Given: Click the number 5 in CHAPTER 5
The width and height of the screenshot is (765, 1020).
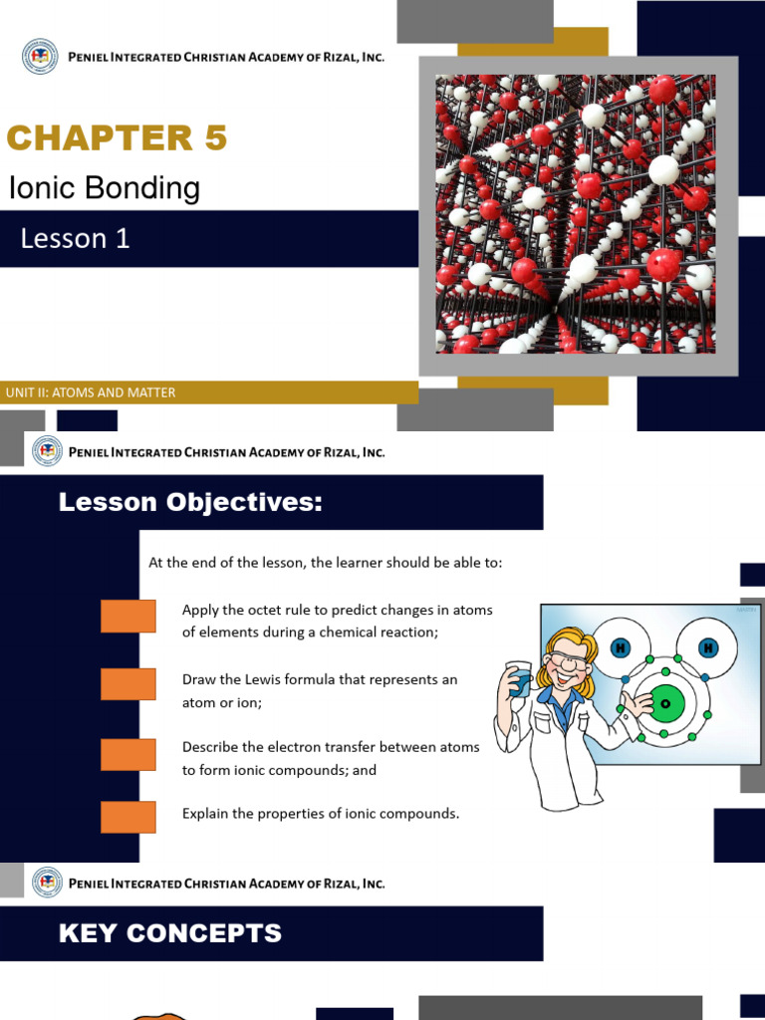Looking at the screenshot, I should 215,138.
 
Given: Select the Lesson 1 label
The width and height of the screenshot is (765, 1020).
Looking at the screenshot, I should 76,238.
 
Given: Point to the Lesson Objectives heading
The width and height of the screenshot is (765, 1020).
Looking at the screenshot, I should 190,503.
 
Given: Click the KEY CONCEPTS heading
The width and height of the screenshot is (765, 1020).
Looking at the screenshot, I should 169,933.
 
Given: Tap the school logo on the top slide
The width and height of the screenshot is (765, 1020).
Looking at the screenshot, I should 40,57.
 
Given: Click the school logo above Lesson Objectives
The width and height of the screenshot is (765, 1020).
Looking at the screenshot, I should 47,451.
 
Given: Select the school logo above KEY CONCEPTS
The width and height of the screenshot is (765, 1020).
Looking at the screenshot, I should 47,883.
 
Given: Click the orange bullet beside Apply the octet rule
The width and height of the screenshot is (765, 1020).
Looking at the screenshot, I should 128,616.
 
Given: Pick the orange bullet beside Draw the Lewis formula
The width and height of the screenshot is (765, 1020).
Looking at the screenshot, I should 128,684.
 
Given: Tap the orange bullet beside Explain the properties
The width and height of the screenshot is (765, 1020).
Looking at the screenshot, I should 128,817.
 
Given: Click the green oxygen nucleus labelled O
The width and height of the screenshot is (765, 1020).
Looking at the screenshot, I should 665,703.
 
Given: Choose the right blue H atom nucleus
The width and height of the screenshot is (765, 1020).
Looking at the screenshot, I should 708,648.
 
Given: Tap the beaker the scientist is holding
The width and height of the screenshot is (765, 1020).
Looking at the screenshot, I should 519,681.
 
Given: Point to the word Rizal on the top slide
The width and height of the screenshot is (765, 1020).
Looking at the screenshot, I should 337,57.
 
